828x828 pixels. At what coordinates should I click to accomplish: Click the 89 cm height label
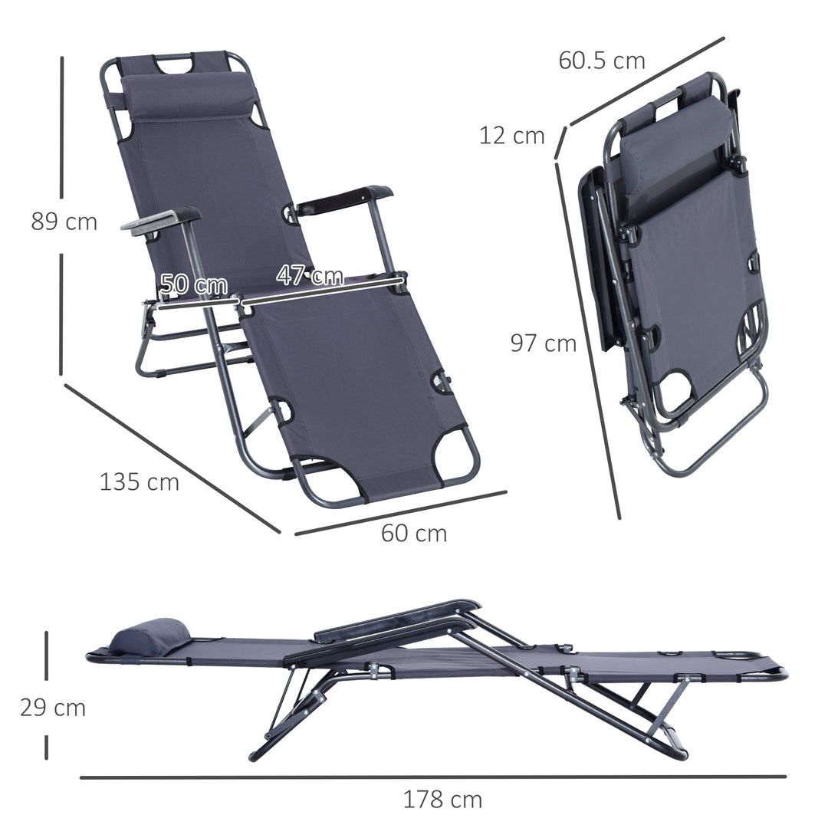[x=64, y=222]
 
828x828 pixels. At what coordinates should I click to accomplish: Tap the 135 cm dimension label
[x=140, y=482]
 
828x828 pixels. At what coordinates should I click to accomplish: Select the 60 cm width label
[x=414, y=533]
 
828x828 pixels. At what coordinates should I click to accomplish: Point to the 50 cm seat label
[x=194, y=284]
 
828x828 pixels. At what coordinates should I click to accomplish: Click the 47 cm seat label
[x=310, y=275]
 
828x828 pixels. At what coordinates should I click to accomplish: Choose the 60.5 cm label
[x=602, y=61]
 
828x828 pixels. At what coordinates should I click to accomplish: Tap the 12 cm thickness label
[x=512, y=136]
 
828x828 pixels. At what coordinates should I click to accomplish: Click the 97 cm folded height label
[x=544, y=343]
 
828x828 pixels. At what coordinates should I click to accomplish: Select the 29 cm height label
[x=53, y=708]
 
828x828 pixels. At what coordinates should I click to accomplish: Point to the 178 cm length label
[x=443, y=800]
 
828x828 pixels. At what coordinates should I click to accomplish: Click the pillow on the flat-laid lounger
[x=149, y=637]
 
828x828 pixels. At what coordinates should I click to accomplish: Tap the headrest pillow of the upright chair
[x=188, y=96]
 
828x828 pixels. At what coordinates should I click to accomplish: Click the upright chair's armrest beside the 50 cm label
[x=161, y=220]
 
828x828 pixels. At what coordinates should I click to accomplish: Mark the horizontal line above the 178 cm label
[x=433, y=777]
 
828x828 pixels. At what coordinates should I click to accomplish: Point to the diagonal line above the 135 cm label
[x=172, y=458]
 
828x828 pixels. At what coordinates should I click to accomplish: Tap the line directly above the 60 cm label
[x=400, y=512]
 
